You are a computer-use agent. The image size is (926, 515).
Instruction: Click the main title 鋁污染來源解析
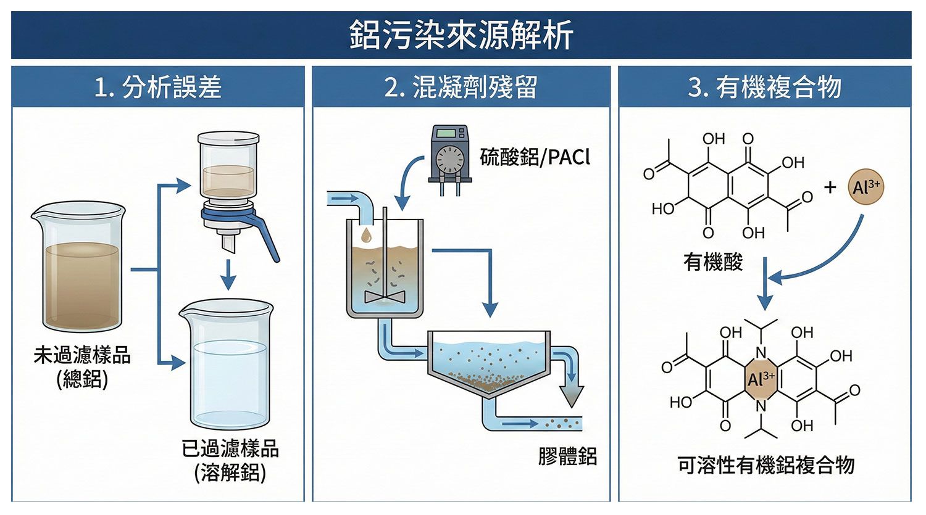point(461,35)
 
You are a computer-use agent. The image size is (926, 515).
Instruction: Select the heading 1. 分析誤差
point(158,87)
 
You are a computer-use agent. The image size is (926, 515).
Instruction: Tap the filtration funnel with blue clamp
point(230,185)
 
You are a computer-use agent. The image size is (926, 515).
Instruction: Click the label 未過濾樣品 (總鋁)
point(82,368)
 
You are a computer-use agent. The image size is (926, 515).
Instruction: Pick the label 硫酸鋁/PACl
point(535,157)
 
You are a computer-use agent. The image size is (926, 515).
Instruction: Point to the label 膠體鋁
point(567,457)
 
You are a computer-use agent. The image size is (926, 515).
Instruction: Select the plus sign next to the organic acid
point(830,187)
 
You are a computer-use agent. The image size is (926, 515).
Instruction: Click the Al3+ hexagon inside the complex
point(761,379)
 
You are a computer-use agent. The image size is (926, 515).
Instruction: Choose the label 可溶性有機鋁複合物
point(765,465)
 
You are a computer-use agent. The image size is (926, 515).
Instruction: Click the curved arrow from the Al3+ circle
point(827,259)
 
